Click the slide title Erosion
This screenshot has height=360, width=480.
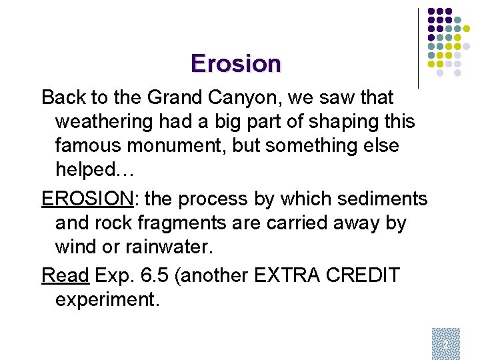(x=236, y=63)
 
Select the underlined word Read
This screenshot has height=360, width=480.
(x=65, y=275)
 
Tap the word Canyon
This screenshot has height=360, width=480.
(x=249, y=98)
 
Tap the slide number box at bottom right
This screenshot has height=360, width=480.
(x=445, y=343)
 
